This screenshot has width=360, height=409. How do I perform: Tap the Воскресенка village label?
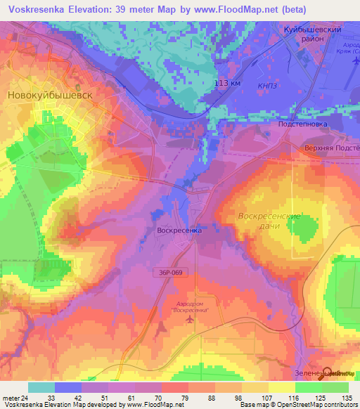[179, 230]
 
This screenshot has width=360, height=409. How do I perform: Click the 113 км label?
[228, 83]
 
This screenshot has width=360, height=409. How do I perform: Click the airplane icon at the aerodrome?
[189, 320]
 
